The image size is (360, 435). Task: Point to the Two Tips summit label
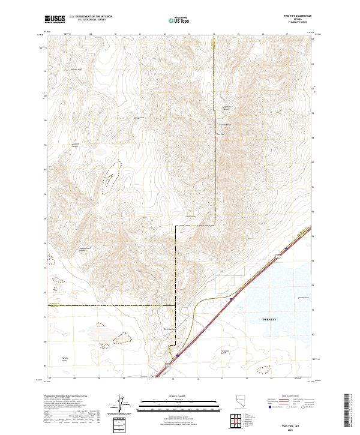point(220,134)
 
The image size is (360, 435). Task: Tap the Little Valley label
point(191,217)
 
